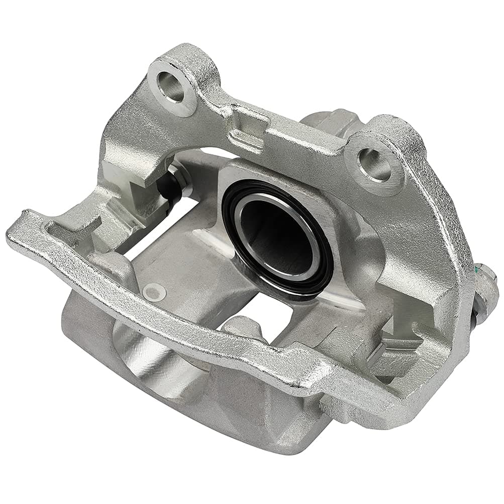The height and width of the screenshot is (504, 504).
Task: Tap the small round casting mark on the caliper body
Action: pos(153,290)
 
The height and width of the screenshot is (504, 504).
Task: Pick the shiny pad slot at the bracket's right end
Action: pos(392,347)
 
